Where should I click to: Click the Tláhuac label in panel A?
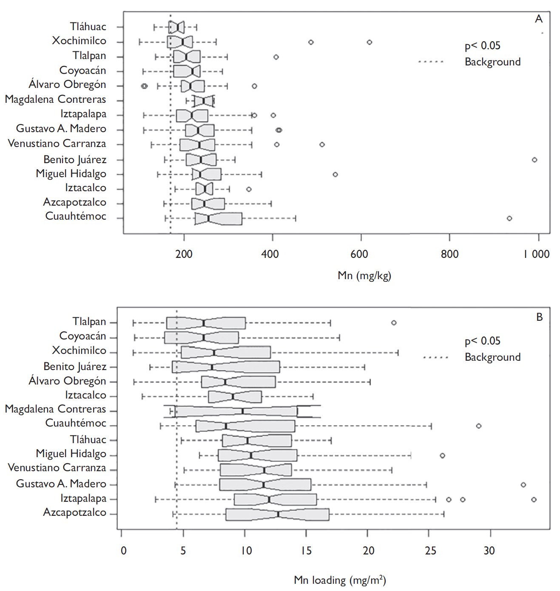pos(88,27)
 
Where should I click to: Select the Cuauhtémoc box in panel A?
pos(219,219)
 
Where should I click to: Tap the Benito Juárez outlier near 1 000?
pos(534,160)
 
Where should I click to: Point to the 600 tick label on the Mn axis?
pos(359,254)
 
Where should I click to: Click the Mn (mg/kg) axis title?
pos(364,276)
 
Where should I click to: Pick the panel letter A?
pos(539,19)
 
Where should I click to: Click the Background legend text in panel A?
pos(492,62)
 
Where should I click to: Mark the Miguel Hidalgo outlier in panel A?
pos(335,175)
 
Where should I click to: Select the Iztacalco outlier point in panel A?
pos(249,189)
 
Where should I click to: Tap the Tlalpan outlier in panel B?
pos(394,323)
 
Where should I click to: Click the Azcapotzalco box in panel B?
pos(277,515)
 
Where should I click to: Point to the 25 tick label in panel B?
pos(430,551)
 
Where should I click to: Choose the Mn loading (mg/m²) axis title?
pos(340,580)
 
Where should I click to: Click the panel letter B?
pos(539,317)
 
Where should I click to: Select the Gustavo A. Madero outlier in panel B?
pos(523,485)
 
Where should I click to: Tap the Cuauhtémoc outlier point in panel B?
pos(479,426)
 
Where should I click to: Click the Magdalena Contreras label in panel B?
pos(56,409)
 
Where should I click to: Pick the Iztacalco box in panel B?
pos(235,397)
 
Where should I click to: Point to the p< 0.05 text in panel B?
pos(482,341)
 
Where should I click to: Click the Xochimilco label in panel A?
pos(79,41)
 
